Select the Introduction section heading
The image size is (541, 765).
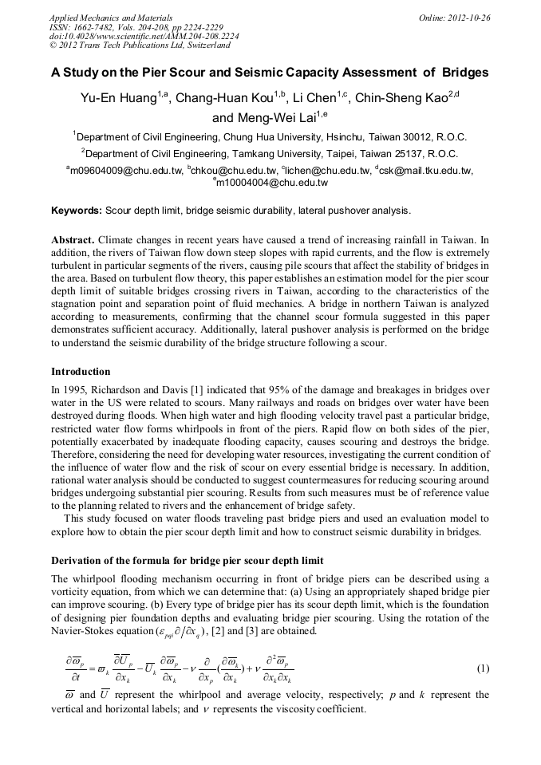pyautogui.click(x=81, y=372)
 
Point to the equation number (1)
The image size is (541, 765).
pyautogui.click(x=482, y=667)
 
